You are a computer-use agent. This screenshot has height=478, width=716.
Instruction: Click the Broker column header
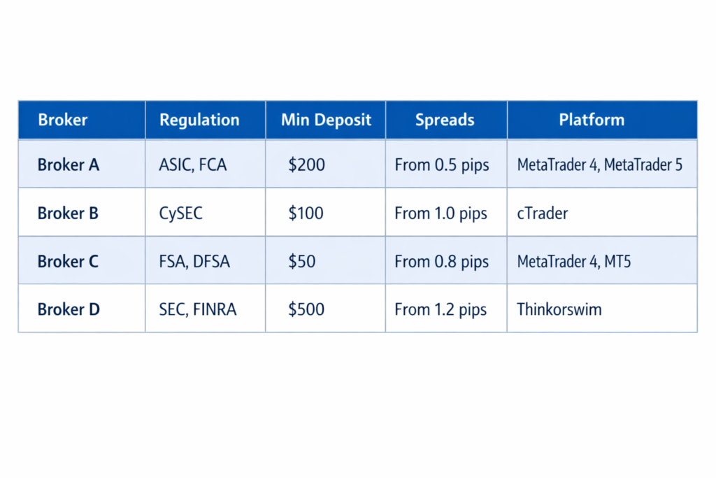tap(63, 120)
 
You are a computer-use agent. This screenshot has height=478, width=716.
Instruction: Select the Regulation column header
tap(199, 120)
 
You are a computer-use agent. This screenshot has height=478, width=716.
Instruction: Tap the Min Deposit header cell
tap(326, 120)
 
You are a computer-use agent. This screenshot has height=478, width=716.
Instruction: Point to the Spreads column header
tap(445, 120)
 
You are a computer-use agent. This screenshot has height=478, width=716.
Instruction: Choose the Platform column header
tap(592, 120)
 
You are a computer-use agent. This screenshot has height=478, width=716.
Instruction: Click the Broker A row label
tap(69, 165)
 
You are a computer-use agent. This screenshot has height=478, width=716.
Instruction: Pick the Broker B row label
tap(68, 213)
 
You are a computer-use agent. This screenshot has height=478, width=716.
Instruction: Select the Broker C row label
tap(68, 262)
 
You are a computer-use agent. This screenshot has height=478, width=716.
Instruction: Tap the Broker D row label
tap(69, 309)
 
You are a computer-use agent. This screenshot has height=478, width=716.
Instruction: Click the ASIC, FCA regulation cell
tap(193, 165)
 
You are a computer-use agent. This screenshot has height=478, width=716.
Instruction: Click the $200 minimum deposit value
tap(306, 165)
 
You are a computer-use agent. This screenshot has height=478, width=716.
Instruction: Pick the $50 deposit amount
tap(302, 262)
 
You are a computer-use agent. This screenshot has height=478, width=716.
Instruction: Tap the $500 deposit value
tap(306, 309)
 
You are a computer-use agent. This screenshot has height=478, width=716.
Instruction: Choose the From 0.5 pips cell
tap(441, 165)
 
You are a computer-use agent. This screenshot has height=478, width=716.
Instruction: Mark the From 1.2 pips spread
tap(441, 309)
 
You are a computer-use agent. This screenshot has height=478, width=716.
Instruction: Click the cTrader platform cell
tap(543, 213)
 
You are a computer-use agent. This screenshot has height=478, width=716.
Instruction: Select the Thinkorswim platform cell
tap(559, 309)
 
